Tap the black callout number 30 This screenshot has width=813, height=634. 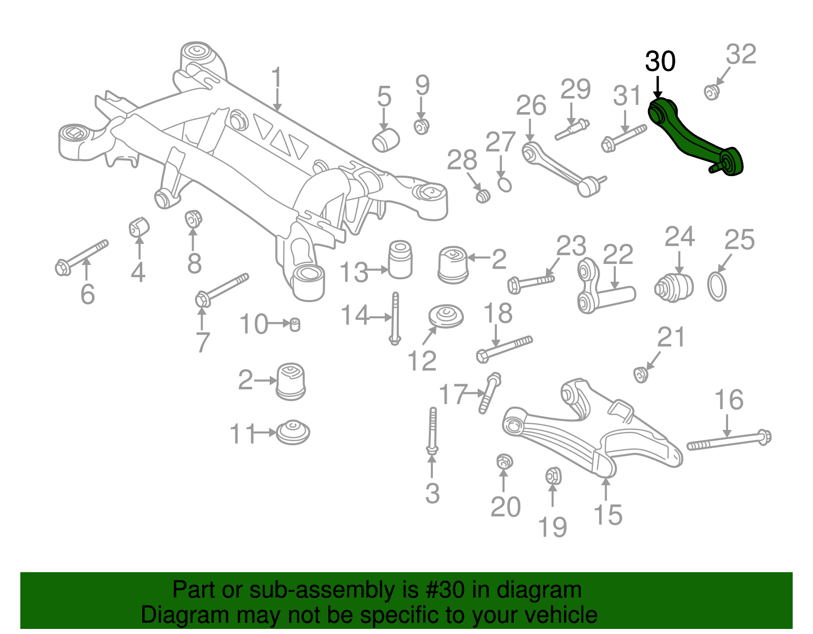(x=660, y=61)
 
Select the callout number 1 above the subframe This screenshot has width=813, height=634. (x=276, y=78)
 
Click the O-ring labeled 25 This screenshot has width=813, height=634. (x=717, y=287)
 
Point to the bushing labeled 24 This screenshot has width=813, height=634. (x=674, y=288)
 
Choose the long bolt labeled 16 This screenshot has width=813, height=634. (x=729, y=440)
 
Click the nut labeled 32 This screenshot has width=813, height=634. (x=711, y=92)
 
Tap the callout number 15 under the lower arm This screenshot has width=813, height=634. (x=607, y=515)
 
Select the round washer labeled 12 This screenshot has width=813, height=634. (x=446, y=316)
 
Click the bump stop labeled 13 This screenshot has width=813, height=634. (x=400, y=259)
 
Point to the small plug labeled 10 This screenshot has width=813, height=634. (x=294, y=324)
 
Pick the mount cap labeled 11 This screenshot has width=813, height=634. (x=293, y=432)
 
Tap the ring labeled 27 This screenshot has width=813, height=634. (x=504, y=184)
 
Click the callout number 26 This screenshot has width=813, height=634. (x=531, y=106)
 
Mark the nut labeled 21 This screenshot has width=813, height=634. (x=640, y=375)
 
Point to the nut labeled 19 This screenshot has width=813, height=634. (x=553, y=476)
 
